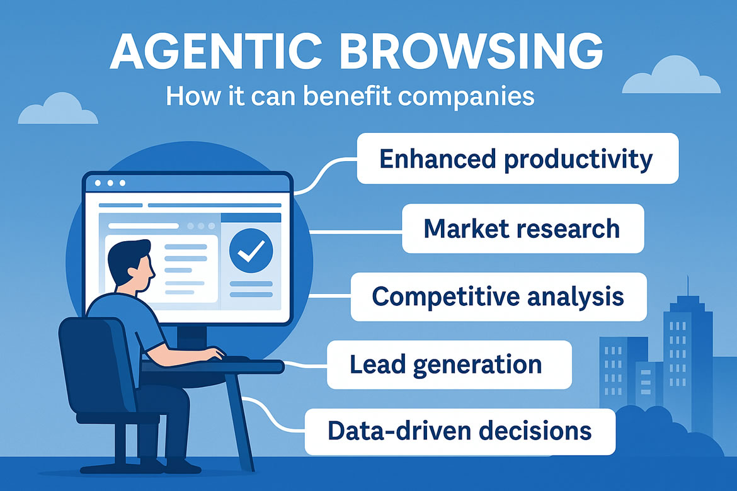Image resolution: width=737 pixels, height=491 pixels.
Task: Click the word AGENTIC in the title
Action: (216, 51)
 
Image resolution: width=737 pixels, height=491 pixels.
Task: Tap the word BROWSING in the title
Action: (471, 51)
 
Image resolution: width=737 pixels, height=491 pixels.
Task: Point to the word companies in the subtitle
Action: (466, 97)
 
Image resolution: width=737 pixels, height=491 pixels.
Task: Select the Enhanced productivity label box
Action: (518, 159)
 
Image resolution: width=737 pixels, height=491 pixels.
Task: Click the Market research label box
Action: (523, 229)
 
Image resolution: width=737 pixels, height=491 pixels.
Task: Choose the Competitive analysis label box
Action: (499, 296)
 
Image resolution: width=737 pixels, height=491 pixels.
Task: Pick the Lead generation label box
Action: (449, 364)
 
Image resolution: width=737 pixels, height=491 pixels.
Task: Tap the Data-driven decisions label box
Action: (460, 431)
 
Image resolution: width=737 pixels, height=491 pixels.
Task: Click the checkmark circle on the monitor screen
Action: (251, 251)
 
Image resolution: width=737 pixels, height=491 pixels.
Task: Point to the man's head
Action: (130, 264)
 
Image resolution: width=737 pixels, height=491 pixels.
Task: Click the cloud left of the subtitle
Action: (58, 109)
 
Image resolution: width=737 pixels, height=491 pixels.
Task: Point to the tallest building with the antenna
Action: (688, 357)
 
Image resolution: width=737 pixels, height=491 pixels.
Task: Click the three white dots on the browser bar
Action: (110, 183)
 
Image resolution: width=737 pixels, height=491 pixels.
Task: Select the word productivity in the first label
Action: (579, 160)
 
